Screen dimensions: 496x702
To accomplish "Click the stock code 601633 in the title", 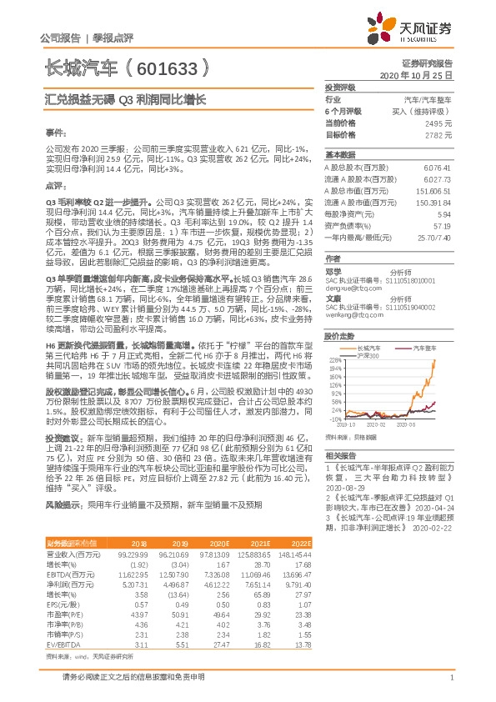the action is click(166, 65).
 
